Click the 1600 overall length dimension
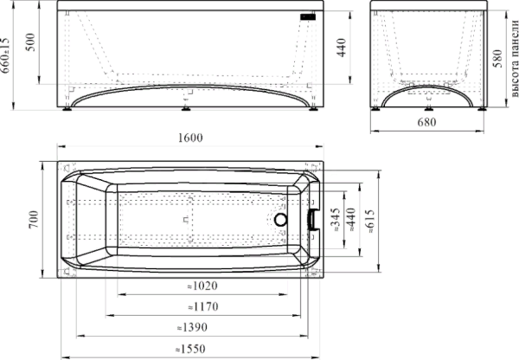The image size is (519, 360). tap(190, 138)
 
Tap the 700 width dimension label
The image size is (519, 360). tap(34, 219)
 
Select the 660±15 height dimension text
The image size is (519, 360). tap(5, 55)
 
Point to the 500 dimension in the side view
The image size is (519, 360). tap(30, 42)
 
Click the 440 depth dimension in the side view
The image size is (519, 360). tap(342, 48)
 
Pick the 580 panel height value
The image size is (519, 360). tap(497, 58)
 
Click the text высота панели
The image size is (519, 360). tap(514, 59)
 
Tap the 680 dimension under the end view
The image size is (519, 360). tap(426, 122)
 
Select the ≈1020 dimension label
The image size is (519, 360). tap(202, 286)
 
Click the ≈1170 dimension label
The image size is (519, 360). tap(203, 306)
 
